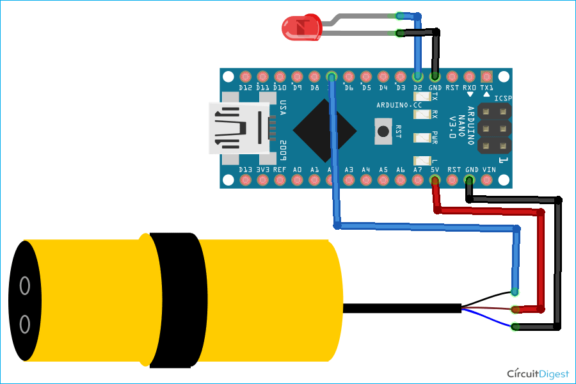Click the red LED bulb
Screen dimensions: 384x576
coord(301,28)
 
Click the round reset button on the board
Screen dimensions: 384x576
coord(383,131)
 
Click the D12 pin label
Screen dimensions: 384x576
coord(245,88)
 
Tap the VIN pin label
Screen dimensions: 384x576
coord(489,170)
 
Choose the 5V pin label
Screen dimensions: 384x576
coord(435,170)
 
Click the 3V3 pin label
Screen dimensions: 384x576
coord(262,170)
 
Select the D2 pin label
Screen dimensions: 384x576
coord(418,88)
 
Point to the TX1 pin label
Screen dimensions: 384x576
coord(486,88)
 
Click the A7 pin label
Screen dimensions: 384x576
coord(418,170)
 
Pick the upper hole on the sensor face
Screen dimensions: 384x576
coord(25,285)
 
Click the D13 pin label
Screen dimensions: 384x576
coord(245,170)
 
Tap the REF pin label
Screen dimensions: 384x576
coord(280,170)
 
